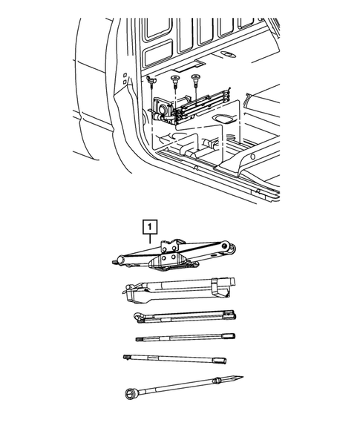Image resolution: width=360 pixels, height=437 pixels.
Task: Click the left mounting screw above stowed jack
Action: click(x=151, y=77)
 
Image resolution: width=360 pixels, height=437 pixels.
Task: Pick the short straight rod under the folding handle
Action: click(x=186, y=338)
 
